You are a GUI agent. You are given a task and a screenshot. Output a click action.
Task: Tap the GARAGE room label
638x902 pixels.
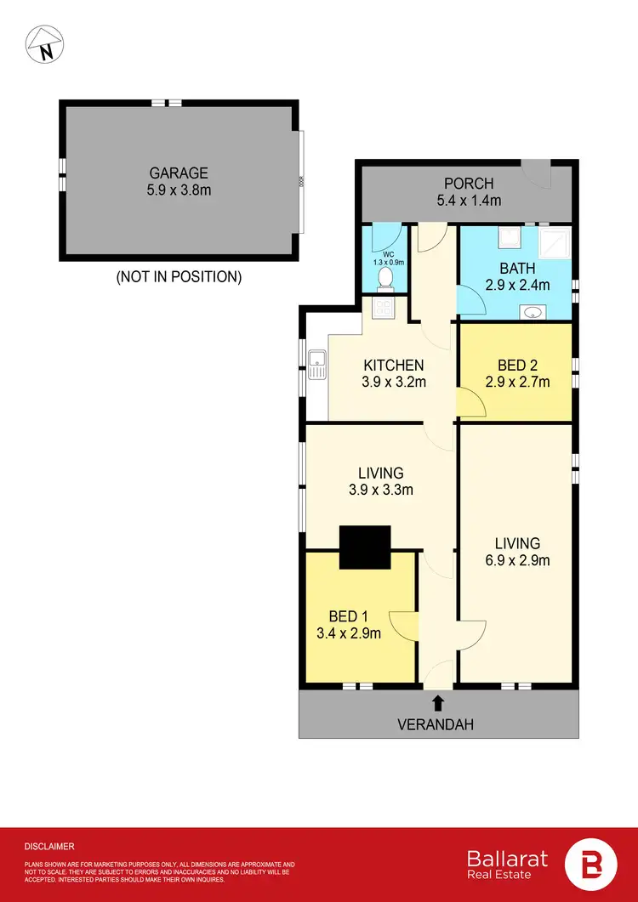(179, 173)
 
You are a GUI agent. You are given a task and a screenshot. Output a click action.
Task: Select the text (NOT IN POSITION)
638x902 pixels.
(179, 276)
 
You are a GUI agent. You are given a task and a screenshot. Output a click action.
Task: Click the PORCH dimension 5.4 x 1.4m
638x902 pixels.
(468, 201)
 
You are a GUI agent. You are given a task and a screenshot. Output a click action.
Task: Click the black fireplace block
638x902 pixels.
(365, 547)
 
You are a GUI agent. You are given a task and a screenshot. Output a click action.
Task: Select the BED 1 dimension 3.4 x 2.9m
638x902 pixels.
(355, 633)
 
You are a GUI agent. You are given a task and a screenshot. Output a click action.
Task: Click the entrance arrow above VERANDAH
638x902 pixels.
(438, 702)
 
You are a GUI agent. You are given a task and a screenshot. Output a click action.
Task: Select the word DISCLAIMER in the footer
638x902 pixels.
(50, 846)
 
